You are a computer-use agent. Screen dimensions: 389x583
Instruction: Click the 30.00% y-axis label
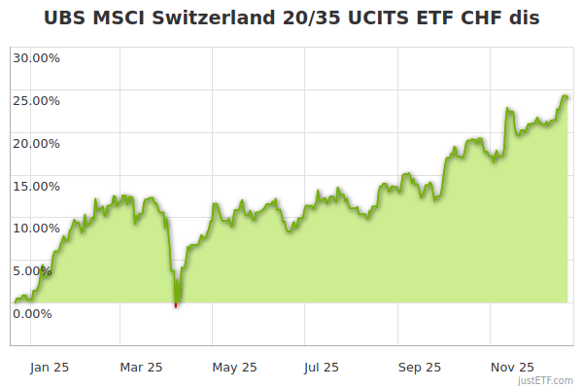(36, 57)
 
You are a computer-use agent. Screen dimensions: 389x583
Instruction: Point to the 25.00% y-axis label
(36, 100)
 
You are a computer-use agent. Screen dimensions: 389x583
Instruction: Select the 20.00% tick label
(36, 143)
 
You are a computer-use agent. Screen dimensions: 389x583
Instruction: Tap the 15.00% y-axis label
(36, 186)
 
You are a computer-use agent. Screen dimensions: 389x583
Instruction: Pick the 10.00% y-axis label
(36, 228)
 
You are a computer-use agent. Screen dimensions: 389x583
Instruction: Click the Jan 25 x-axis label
(50, 367)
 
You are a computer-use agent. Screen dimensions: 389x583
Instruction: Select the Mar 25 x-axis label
(141, 367)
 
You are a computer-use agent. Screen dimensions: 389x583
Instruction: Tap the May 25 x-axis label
(234, 367)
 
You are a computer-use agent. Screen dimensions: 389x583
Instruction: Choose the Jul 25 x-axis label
(322, 367)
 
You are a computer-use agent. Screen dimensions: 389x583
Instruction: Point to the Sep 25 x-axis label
(419, 367)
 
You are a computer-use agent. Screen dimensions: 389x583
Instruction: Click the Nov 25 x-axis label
(511, 367)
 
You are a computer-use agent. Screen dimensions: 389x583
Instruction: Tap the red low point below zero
(176, 305)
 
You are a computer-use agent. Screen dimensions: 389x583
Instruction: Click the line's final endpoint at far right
(567, 98)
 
